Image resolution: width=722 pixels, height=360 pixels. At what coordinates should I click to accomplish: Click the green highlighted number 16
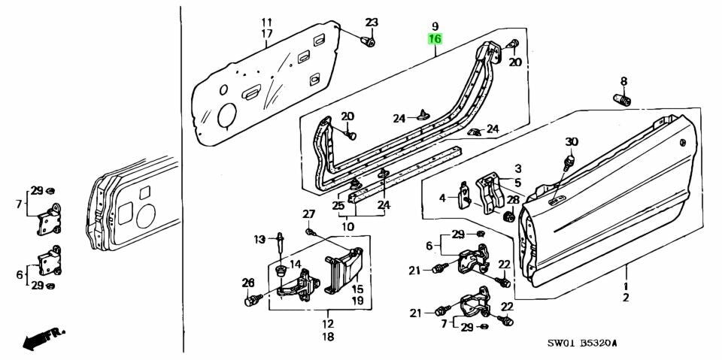(x=435, y=39)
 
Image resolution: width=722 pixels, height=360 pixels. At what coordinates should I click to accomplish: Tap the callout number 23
(x=373, y=21)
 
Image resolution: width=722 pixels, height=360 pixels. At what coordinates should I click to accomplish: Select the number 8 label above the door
(x=623, y=81)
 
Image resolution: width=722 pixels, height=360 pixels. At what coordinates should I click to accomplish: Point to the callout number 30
(x=572, y=142)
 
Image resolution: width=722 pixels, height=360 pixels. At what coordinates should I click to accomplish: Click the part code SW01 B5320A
(x=583, y=343)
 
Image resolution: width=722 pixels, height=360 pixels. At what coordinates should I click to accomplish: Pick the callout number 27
(x=308, y=214)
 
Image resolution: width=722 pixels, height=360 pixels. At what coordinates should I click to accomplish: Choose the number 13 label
(x=259, y=240)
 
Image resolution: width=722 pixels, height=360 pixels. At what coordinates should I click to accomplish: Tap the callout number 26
(x=249, y=283)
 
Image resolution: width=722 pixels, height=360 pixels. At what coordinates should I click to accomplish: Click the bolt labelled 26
(x=253, y=301)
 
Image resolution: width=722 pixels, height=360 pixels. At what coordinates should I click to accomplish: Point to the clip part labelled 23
(x=369, y=41)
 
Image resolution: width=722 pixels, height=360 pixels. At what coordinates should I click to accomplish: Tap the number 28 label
(x=512, y=199)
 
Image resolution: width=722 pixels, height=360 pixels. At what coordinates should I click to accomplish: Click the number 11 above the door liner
(x=267, y=21)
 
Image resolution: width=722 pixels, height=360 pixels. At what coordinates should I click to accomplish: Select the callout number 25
(x=339, y=204)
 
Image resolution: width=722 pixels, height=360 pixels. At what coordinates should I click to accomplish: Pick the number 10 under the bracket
(x=348, y=226)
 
